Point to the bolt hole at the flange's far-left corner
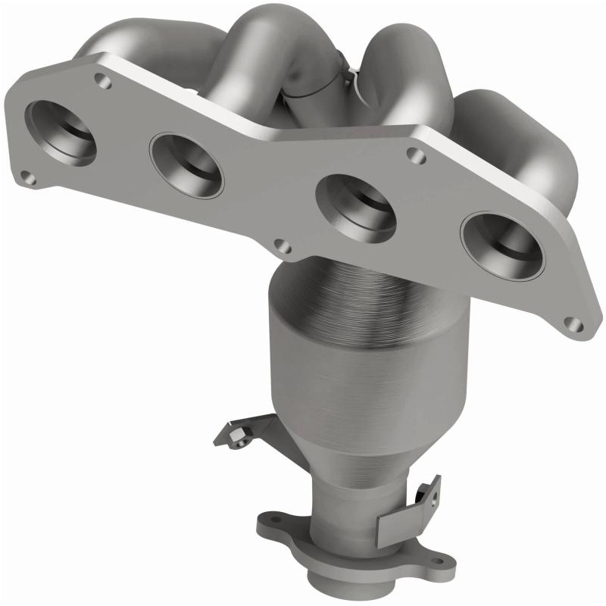coord(27,180)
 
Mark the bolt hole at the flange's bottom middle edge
coord(282,246)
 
